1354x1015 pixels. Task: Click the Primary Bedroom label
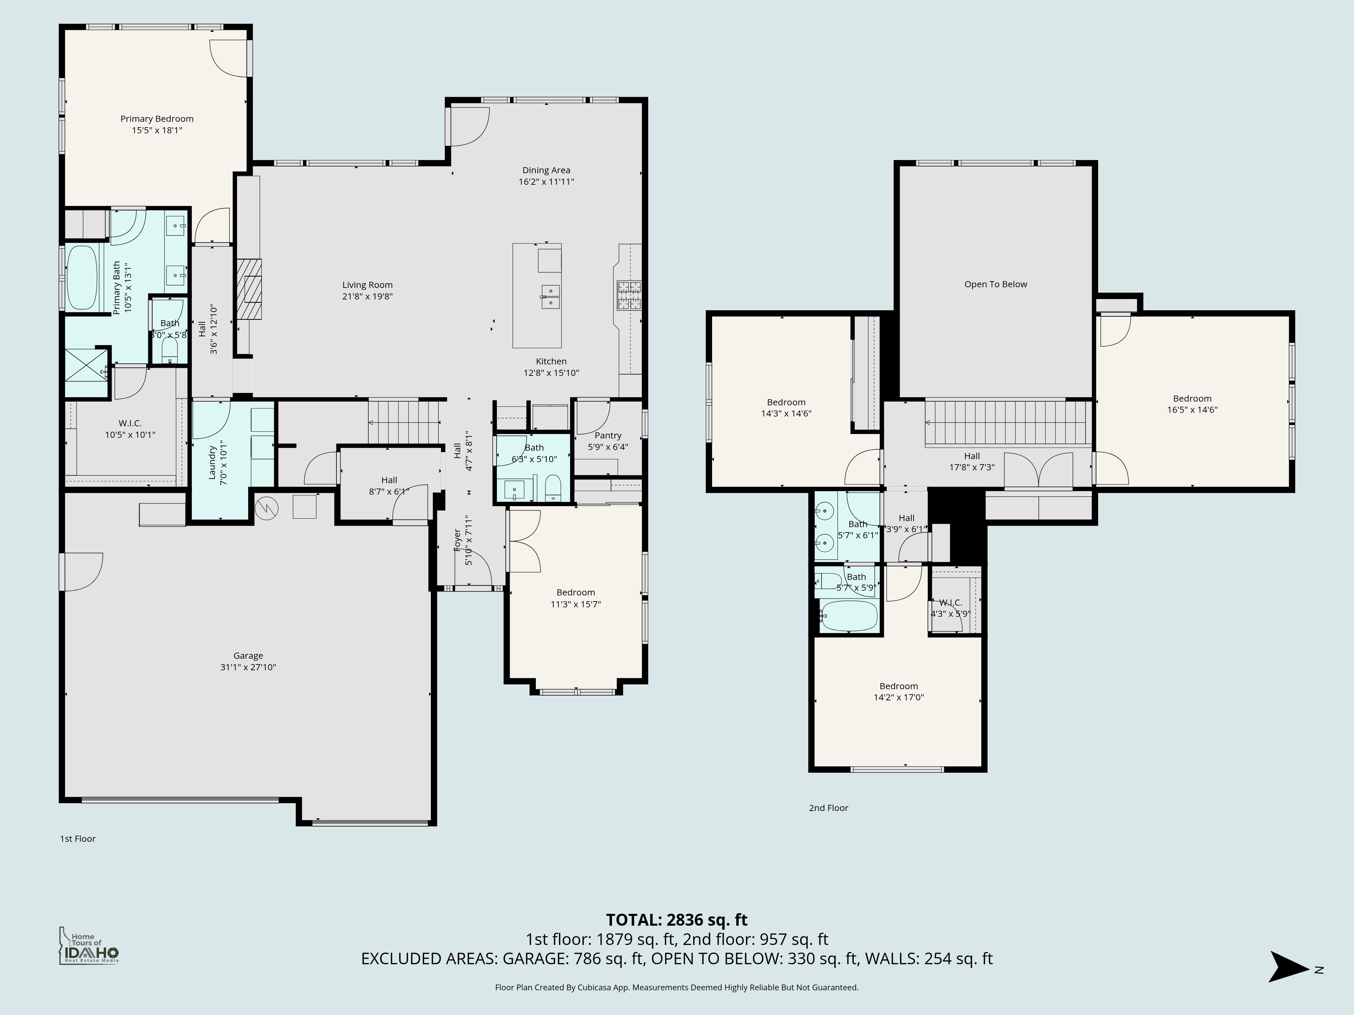coord(157,119)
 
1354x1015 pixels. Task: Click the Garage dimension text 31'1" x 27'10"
coord(248,667)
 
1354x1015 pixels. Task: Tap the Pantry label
coord(608,436)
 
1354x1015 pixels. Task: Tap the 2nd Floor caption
coord(828,808)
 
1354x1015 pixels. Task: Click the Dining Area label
coord(546,170)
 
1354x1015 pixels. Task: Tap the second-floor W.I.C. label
coord(950,603)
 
